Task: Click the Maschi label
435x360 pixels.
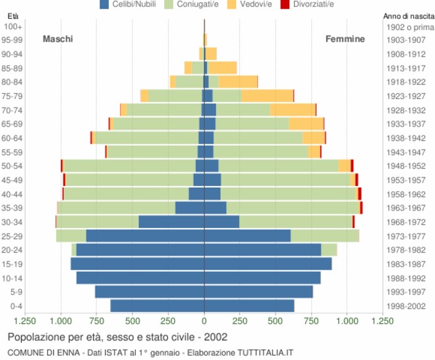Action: click(x=58, y=39)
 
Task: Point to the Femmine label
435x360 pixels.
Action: click(x=345, y=39)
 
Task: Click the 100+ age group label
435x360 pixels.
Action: click(x=14, y=26)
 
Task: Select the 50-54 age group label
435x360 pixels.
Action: click(x=13, y=166)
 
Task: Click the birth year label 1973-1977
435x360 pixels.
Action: click(x=406, y=236)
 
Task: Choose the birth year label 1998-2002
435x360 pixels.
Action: click(x=406, y=306)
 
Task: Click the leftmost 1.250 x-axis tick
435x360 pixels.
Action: click(x=25, y=321)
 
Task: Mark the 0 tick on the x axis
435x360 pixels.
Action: click(x=204, y=321)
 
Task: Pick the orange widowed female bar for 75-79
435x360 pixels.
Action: click(x=267, y=96)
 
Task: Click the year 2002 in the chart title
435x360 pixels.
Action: click(x=216, y=337)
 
